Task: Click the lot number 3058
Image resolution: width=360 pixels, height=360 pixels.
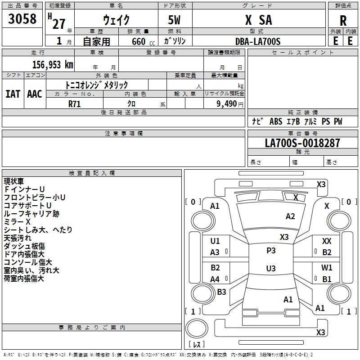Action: click(x=22, y=19)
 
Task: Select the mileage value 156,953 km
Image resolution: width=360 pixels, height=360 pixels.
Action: click(x=53, y=65)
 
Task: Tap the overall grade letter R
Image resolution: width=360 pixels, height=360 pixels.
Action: click(x=343, y=21)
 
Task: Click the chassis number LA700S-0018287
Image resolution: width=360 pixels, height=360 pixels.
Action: click(x=302, y=143)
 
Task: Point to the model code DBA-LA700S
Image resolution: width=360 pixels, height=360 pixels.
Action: click(x=258, y=41)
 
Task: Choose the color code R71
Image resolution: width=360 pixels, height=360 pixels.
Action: click(x=74, y=104)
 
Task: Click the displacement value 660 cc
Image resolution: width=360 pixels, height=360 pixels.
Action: click(x=143, y=41)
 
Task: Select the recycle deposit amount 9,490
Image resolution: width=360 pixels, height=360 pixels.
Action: click(x=227, y=104)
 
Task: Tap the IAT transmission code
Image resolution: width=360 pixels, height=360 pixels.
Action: click(x=13, y=94)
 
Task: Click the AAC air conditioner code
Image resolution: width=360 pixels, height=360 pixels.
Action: click(x=35, y=94)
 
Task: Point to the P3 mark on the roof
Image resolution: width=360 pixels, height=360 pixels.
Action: click(x=271, y=251)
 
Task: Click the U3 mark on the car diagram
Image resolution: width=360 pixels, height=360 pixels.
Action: click(x=271, y=268)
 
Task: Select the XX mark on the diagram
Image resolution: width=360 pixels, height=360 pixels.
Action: click(x=327, y=241)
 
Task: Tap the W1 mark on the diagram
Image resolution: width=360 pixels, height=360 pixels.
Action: click(x=327, y=267)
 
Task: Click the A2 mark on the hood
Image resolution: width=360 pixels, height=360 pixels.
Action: click(x=290, y=216)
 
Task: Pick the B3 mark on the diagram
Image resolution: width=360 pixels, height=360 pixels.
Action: click(x=221, y=292)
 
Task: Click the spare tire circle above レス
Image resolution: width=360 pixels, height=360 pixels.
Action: click(x=197, y=328)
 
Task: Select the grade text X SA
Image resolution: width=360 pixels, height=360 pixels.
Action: click(x=259, y=20)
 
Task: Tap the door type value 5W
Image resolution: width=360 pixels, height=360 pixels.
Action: click(x=174, y=20)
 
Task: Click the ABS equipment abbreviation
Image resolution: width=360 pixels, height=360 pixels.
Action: click(x=276, y=121)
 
